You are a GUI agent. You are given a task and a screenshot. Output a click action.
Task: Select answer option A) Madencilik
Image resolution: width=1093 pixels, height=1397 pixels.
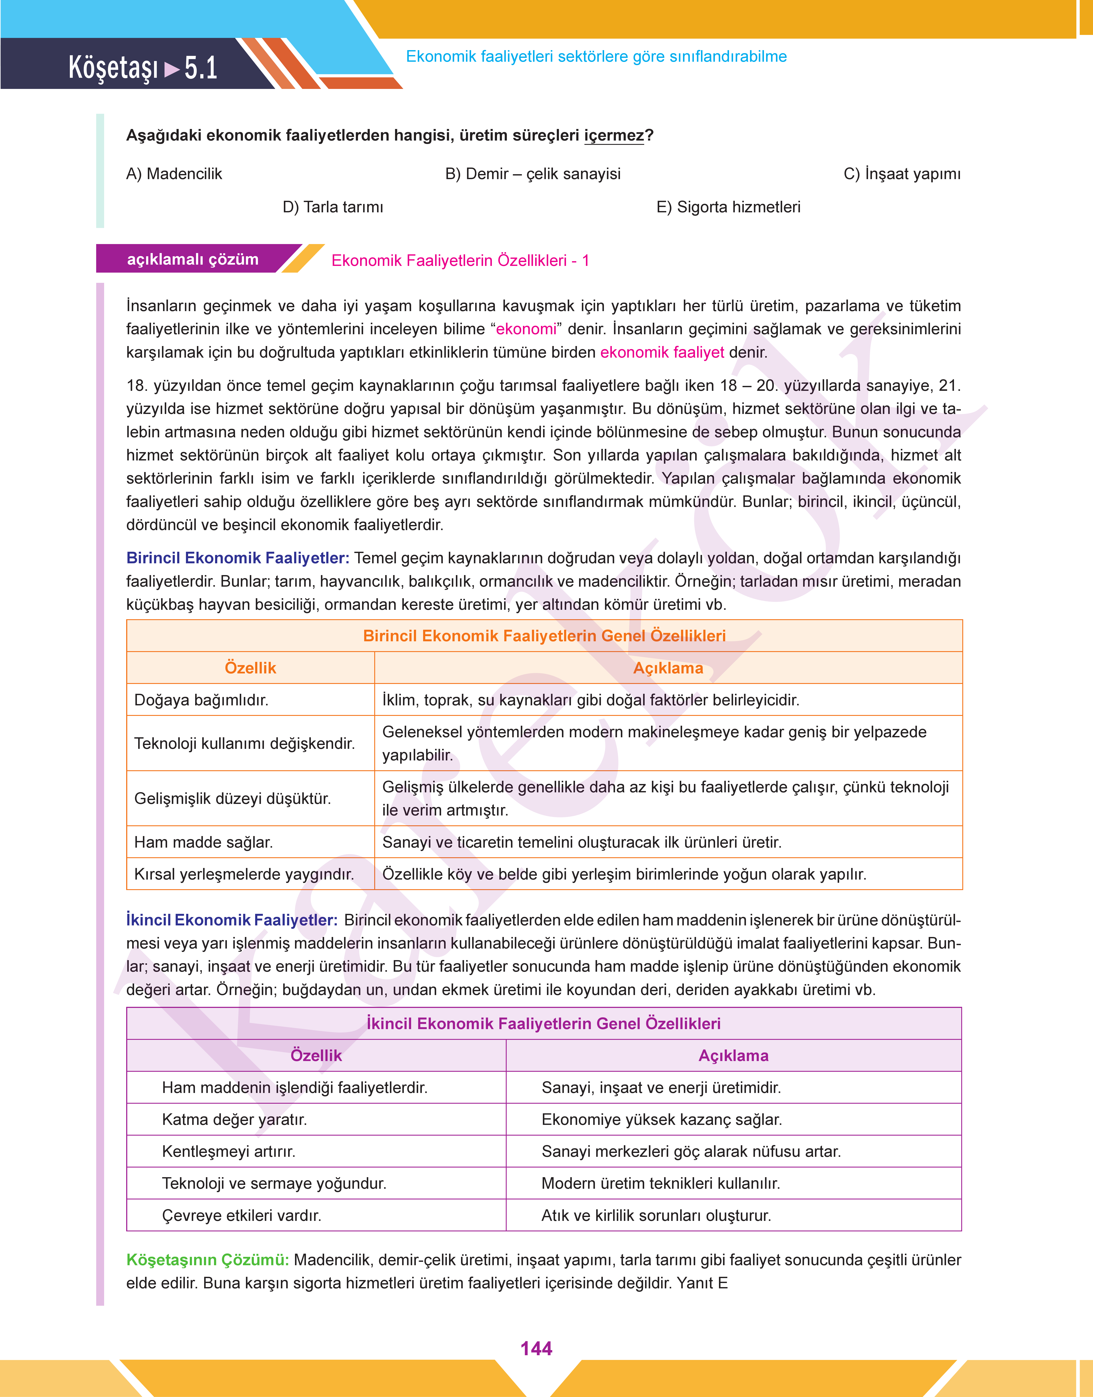[174, 174]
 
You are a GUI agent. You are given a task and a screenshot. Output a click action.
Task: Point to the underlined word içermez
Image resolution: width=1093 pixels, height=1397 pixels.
[614, 136]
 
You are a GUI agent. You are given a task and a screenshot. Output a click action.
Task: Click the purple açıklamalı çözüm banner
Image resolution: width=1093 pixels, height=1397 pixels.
[193, 259]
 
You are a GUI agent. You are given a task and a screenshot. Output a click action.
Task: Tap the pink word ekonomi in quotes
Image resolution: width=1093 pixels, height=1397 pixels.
[526, 329]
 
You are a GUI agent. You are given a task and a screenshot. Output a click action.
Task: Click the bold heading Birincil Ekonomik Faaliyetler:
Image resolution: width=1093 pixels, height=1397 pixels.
[237, 558]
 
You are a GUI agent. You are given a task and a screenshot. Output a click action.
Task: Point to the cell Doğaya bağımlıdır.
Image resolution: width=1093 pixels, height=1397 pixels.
[201, 700]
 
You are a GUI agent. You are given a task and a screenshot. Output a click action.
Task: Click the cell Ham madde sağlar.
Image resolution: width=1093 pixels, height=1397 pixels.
[204, 842]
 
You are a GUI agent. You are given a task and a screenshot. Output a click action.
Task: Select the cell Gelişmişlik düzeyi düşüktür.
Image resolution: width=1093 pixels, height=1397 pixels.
[232, 799]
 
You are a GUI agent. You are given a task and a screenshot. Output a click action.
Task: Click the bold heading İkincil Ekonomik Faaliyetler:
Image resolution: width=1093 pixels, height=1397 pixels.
[232, 920]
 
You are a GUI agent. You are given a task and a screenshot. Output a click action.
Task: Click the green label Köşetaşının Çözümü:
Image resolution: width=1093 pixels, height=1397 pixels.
[207, 1260]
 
